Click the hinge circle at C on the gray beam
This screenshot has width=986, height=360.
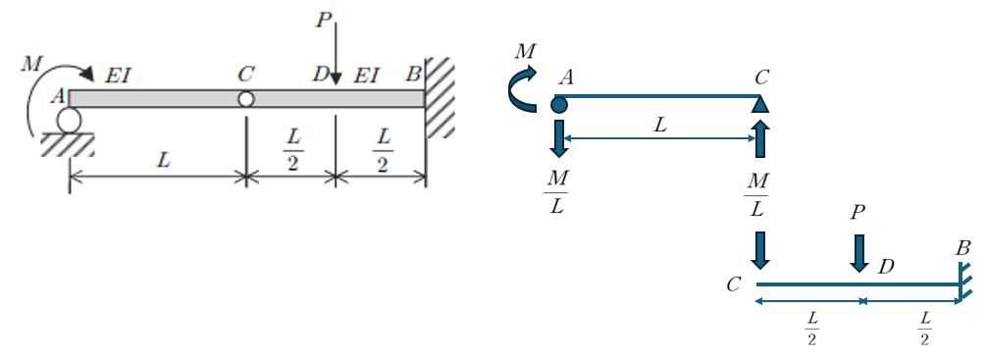(246, 99)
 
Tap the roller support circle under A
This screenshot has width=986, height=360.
(69, 120)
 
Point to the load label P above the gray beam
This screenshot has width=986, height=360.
(323, 20)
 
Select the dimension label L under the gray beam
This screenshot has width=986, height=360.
(163, 160)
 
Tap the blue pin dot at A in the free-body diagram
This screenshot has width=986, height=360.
(558, 104)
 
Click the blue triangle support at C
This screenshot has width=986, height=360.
(760, 104)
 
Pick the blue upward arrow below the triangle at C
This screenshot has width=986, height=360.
(760, 139)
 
